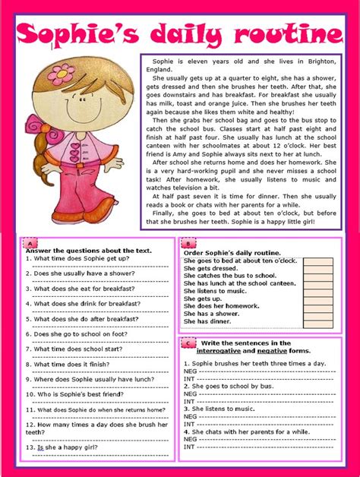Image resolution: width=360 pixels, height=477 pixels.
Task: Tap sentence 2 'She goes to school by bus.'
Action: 228,386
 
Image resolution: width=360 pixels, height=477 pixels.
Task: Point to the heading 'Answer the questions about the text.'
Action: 88,250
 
